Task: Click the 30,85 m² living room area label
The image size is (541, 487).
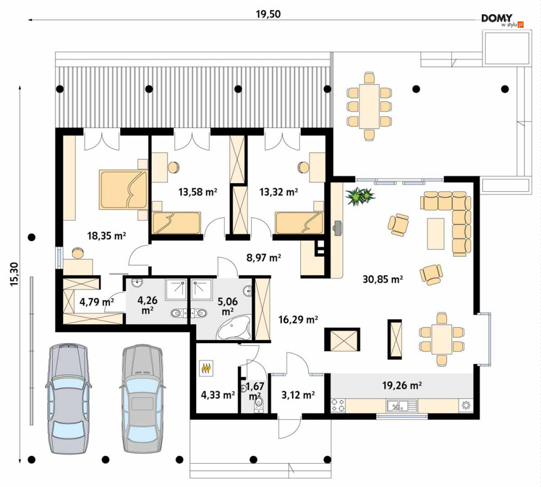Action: [x=383, y=278]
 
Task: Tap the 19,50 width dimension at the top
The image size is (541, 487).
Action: [x=268, y=14]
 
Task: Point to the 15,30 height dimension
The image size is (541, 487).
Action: [x=14, y=274]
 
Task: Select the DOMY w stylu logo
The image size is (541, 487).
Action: [x=502, y=20]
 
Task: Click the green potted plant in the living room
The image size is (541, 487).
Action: [x=360, y=196]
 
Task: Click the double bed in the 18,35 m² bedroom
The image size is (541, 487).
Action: [x=123, y=190]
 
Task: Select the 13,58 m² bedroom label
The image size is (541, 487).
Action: [x=197, y=192]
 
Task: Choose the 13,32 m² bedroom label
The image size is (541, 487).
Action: [x=278, y=192]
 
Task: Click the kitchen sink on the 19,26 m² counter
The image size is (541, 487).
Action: [x=402, y=405]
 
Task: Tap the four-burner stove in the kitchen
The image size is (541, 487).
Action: [x=338, y=405]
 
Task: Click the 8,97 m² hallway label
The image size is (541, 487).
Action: [x=264, y=258]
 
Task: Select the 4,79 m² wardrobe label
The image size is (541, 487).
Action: [x=97, y=302]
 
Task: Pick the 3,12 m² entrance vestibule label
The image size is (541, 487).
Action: [x=298, y=395]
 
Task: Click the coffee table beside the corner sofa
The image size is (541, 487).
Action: [x=436, y=234]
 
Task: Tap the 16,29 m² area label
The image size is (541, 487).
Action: [x=298, y=320]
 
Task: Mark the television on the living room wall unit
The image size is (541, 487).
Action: [x=337, y=228]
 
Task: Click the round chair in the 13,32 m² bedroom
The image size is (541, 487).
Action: [x=304, y=167]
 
